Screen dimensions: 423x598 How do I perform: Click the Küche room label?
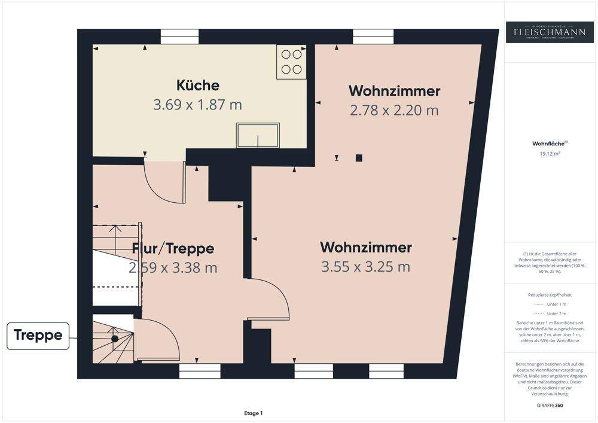click(x=197, y=86)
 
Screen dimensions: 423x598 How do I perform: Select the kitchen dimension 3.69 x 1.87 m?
click(x=197, y=105)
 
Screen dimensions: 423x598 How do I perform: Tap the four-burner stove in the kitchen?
click(x=291, y=62)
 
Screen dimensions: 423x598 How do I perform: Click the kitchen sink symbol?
click(x=258, y=135)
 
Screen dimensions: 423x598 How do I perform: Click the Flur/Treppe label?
click(x=173, y=248)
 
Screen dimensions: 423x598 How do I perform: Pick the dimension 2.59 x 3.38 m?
click(x=173, y=267)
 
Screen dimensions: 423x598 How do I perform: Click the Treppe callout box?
click(x=38, y=335)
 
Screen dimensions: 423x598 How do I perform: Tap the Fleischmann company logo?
click(x=550, y=32)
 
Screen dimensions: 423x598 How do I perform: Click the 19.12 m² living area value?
click(x=550, y=153)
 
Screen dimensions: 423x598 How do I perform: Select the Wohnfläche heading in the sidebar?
click(x=549, y=144)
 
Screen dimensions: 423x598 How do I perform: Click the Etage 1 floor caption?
click(x=253, y=413)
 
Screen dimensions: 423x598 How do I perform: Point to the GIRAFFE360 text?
click(x=550, y=405)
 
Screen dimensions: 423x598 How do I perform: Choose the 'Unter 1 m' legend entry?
click(x=550, y=305)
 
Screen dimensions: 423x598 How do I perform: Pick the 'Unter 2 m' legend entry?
click(x=550, y=314)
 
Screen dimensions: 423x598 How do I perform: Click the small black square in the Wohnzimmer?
click(x=358, y=158)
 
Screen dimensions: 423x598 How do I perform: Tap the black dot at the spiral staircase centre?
click(x=114, y=339)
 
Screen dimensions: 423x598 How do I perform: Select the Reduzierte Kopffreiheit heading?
click(x=550, y=295)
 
